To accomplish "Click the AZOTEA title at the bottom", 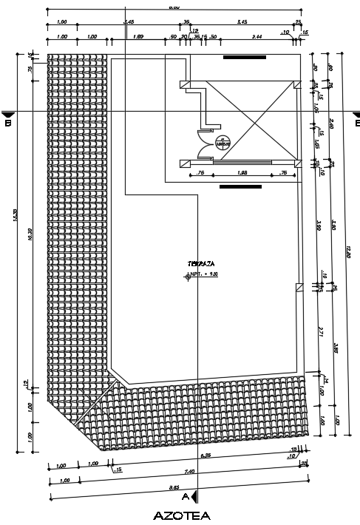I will point(182,515).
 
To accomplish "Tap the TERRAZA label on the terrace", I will point(196,263).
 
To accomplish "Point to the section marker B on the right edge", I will point(356,118).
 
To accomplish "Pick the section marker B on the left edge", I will point(8,118).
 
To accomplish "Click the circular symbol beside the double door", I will point(220,143).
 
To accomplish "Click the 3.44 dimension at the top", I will point(257,35).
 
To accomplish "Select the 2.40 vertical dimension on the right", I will point(332,122).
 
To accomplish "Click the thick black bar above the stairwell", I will point(241,55).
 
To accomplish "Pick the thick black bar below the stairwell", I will point(241,187).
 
